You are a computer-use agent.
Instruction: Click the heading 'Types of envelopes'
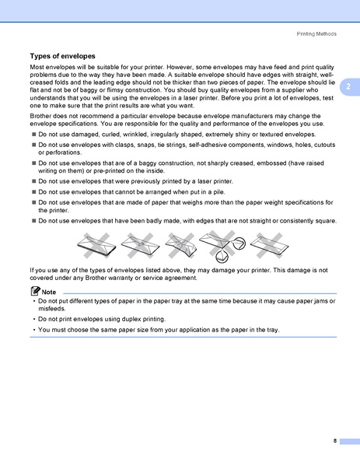click(x=62, y=56)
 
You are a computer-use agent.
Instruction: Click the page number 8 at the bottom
click(x=334, y=440)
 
